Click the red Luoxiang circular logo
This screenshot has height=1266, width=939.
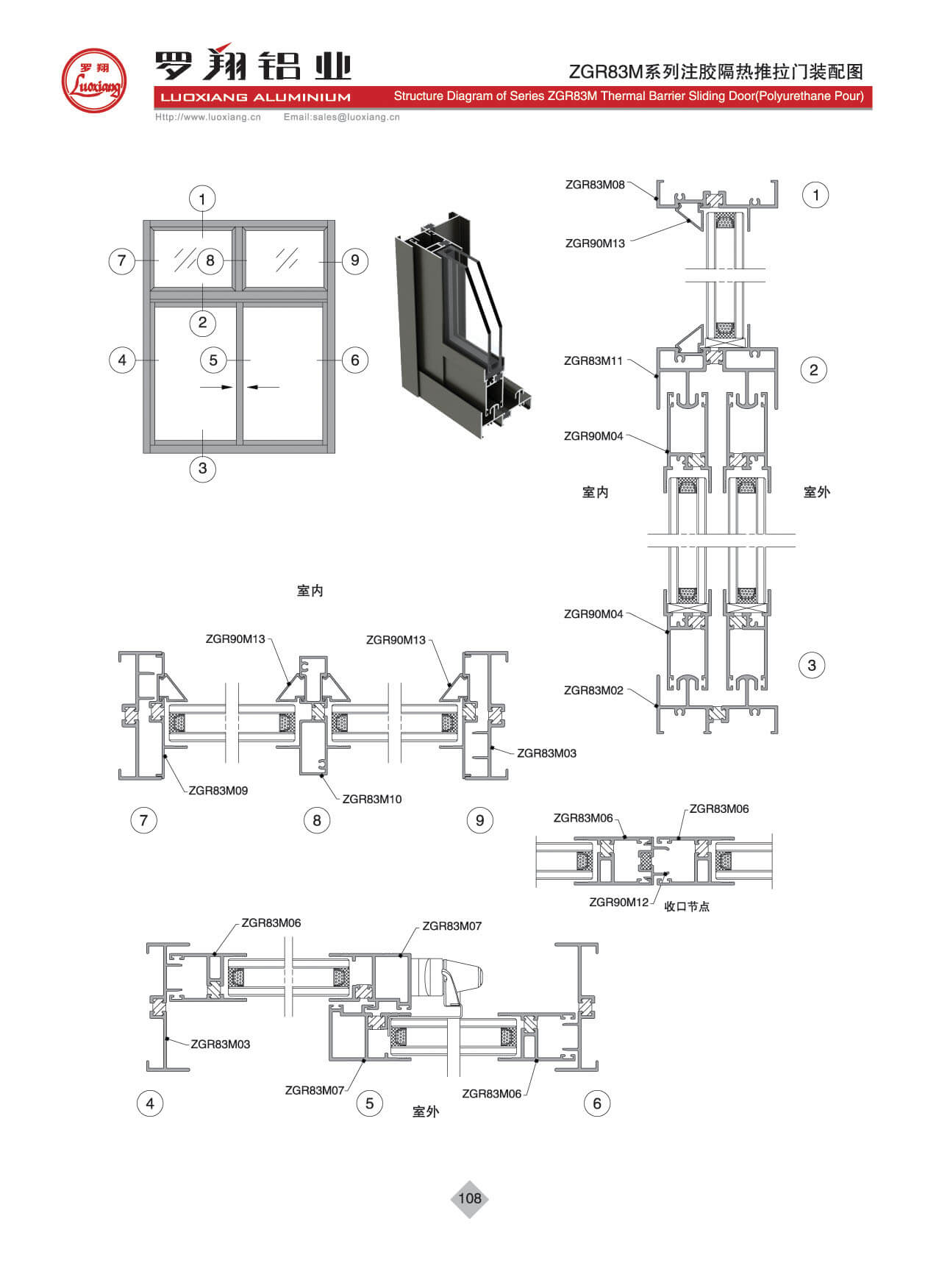[93, 80]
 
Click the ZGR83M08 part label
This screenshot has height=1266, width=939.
[594, 185]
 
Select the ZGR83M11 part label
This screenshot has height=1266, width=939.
[593, 361]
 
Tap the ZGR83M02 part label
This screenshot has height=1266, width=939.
[593, 691]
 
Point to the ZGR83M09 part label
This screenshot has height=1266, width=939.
[218, 791]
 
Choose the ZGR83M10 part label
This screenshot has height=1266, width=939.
[371, 799]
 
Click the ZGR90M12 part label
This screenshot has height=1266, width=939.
[618, 903]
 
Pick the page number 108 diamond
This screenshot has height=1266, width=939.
[469, 1198]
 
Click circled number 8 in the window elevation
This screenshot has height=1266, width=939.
[210, 260]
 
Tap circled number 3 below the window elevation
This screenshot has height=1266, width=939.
[202, 468]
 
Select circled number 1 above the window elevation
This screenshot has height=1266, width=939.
[202, 199]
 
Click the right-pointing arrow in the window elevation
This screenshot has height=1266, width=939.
[217, 387]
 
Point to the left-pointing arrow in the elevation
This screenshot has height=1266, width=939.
[263, 387]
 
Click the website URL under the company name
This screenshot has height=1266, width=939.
[208, 117]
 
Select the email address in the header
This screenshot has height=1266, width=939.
[341, 117]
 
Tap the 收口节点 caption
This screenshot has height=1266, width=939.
[687, 907]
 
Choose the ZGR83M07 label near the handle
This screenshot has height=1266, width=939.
[451, 926]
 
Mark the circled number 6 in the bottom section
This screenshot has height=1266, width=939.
[596, 1103]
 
